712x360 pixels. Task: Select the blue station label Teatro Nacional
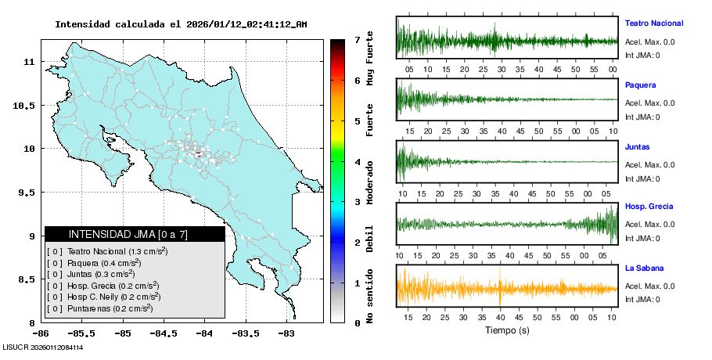point(654,23)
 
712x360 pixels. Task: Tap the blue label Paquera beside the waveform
point(640,85)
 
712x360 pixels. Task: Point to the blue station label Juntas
point(637,146)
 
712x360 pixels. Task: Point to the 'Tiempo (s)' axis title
point(507,330)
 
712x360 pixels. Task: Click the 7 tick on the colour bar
point(357,39)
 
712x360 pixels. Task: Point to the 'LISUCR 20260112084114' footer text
point(43,347)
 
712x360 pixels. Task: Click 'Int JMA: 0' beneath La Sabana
point(642,299)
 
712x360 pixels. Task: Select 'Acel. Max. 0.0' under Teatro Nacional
point(649,42)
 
